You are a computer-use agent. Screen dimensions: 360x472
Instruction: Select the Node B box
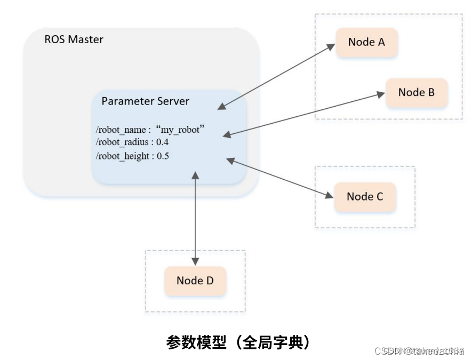point(416,92)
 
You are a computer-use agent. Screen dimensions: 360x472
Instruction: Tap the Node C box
point(365,197)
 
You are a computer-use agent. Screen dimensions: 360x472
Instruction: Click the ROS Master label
point(74,40)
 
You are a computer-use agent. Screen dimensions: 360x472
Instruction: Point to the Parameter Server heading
point(145,101)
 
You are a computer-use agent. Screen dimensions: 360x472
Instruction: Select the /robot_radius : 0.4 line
point(132,143)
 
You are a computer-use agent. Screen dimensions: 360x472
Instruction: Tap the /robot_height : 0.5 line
point(132,157)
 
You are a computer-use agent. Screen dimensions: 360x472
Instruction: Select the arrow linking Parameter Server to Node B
point(304,114)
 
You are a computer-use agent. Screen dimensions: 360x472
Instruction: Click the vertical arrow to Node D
point(196,219)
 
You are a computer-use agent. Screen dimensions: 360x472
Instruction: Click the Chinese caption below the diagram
point(238,342)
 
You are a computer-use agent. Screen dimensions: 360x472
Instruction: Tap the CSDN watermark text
point(419,350)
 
